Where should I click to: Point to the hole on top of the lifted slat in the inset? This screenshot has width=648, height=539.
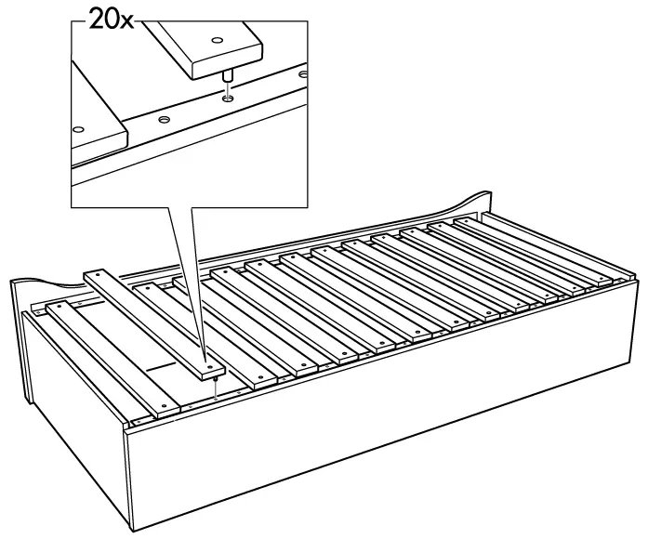[217, 40]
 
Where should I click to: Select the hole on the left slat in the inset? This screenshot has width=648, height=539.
[80, 129]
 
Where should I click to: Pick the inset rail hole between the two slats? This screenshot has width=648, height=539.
[164, 119]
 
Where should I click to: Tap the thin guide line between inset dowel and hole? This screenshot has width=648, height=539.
[229, 85]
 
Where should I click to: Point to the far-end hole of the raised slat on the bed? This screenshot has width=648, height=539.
[94, 277]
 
